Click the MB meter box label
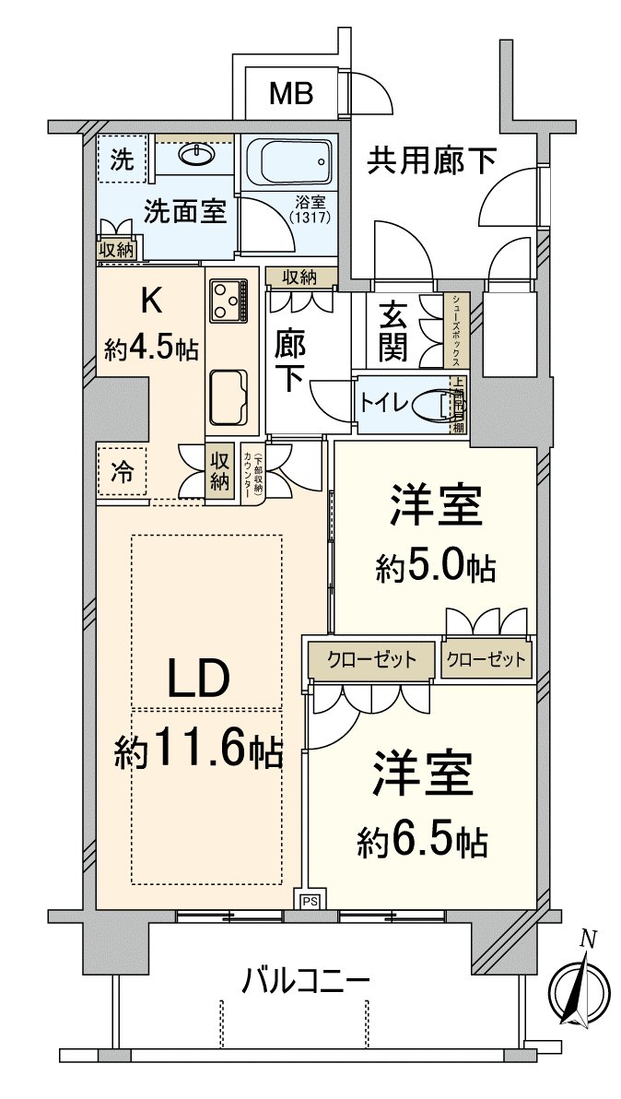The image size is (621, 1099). click(291, 92)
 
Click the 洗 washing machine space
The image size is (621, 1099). click(122, 159)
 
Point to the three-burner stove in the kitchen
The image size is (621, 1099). click(228, 300)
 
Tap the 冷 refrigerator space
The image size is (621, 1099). click(122, 472)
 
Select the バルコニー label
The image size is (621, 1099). click(306, 979)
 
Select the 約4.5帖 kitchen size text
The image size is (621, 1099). click(149, 349)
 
